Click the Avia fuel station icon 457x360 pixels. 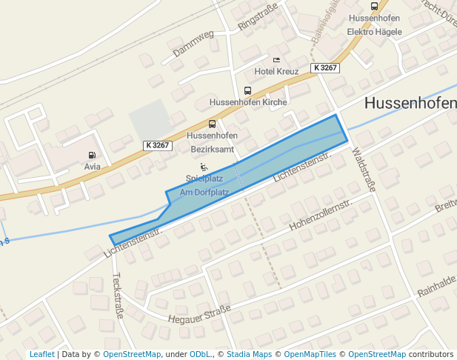[92, 155]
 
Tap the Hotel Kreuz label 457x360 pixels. [276, 71]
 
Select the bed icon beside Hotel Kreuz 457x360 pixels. [276, 59]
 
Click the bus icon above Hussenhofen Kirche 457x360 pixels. [247, 90]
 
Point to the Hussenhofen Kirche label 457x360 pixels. [247, 102]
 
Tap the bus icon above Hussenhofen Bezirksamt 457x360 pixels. [213, 124]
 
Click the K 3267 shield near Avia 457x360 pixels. [157, 146]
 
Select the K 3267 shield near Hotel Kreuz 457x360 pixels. [325, 67]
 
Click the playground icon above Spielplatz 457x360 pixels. [204, 167]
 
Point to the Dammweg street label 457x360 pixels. [193, 43]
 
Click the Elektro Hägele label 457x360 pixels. [374, 32]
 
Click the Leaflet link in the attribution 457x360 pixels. [41, 354]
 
